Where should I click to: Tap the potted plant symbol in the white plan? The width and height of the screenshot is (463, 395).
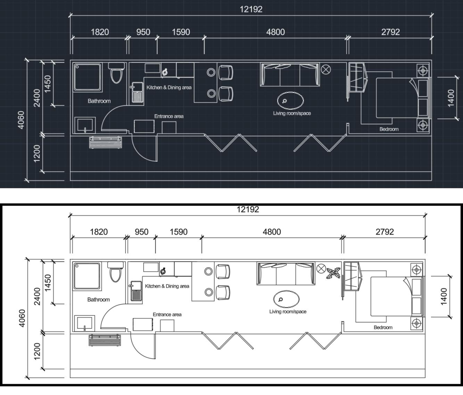[333, 273]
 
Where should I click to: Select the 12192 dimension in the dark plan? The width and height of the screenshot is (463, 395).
[251, 9]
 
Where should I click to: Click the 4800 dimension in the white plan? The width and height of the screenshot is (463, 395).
[272, 232]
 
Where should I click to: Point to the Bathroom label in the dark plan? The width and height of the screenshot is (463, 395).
[99, 101]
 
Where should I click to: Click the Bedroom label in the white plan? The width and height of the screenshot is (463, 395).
[383, 327]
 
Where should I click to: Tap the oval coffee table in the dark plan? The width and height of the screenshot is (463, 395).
[290, 100]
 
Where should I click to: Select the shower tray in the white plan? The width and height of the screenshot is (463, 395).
[87, 276]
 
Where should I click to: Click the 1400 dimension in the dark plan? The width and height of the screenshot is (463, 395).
[451, 98]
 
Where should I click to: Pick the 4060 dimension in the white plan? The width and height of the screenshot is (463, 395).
[22, 318]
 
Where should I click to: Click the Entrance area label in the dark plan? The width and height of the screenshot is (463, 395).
[169, 116]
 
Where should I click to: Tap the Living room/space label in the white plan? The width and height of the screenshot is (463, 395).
[288, 311]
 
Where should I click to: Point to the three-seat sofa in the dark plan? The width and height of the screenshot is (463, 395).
[290, 74]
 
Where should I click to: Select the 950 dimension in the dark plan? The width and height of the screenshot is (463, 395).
[143, 32]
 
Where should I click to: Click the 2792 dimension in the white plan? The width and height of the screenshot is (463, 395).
[385, 232]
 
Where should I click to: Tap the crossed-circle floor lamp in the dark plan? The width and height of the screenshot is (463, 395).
[326, 70]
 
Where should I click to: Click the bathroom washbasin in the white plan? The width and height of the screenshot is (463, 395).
[84, 323]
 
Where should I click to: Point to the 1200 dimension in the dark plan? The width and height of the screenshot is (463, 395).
[37, 153]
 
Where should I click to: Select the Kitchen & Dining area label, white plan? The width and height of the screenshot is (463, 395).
[167, 286]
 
